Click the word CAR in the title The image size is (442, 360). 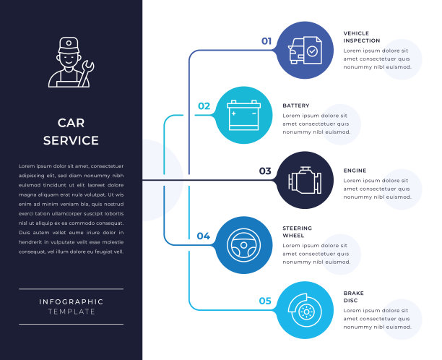pyautogui.click(x=71, y=123)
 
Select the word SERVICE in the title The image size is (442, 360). pyautogui.click(x=71, y=140)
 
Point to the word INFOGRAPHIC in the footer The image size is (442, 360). pyautogui.click(x=71, y=301)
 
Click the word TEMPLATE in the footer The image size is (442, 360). pyautogui.click(x=71, y=312)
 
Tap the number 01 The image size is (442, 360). pyautogui.click(x=266, y=41)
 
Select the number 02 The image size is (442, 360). pyautogui.click(x=204, y=106)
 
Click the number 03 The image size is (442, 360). pyautogui.click(x=265, y=171)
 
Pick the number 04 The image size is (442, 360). pyautogui.click(x=204, y=236)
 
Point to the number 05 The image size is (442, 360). pyautogui.click(x=265, y=301)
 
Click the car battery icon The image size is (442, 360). pyautogui.click(x=244, y=115)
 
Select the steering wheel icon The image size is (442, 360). pyautogui.click(x=244, y=244)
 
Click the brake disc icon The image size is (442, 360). pyautogui.click(x=304, y=310)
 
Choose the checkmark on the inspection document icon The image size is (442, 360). pyautogui.click(x=312, y=51)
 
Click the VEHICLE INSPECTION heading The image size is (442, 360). pyautogui.click(x=361, y=37)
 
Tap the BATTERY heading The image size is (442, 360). pyautogui.click(x=295, y=106)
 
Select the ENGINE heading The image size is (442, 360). pyautogui.click(x=355, y=171)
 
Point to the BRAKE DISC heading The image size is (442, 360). pyautogui.click(x=354, y=296)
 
